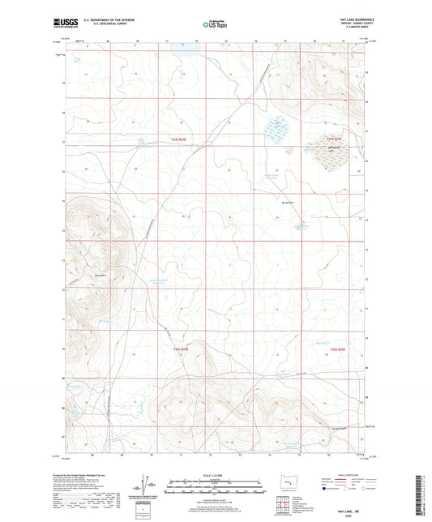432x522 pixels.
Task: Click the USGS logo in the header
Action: coord(62,25)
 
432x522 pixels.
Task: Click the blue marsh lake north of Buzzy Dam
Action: coord(278,130)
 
